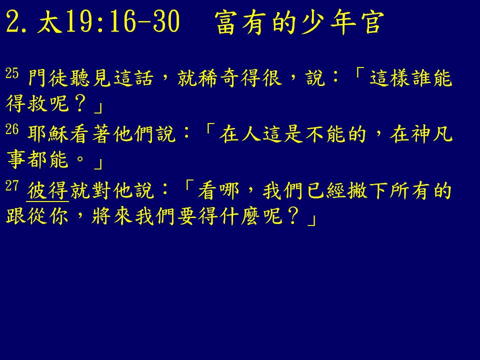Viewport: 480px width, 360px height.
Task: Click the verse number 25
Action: coord(12,73)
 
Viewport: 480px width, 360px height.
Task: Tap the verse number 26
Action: coord(12,129)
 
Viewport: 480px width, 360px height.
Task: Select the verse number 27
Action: coord(12,186)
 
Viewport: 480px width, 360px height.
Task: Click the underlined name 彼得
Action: coord(47,190)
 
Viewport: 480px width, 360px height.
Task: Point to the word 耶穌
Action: coord(47,134)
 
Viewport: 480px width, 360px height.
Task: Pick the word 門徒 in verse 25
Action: coord(47,78)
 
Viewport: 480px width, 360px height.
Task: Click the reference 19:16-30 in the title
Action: coord(122,21)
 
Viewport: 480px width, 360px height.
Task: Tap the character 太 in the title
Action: coord(48,22)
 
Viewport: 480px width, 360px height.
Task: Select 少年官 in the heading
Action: coord(343,22)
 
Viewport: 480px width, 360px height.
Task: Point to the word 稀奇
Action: coord(218,78)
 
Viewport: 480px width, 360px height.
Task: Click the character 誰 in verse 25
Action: coord(420,78)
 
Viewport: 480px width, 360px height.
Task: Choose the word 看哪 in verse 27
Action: coord(218,190)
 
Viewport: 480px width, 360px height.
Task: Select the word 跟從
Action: coord(26,216)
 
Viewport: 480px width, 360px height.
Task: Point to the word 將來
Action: coord(111,216)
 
